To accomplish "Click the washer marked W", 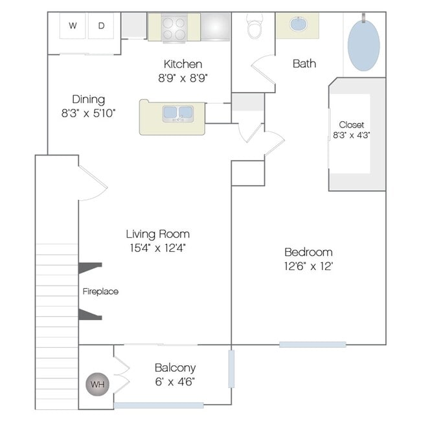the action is tap(73, 26).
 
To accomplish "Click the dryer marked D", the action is tap(101, 26).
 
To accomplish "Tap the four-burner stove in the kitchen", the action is tap(174, 28).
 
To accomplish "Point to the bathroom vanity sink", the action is tap(297, 24).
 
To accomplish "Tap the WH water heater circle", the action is tap(97, 384).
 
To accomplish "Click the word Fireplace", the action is tap(100, 291).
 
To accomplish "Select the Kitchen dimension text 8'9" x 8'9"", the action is tap(183, 78).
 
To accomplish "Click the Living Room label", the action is tap(158, 234).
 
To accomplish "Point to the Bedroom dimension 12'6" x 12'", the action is tap(308, 266).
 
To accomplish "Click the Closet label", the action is tap(352, 124).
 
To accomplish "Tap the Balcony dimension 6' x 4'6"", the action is tap(175, 381).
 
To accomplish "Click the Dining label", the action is tap(88, 100).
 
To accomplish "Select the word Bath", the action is tap(304, 63).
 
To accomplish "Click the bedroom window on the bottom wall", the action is tap(313, 345).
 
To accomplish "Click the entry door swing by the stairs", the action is tap(93, 183).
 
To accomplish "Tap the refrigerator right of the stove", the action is tap(215, 27).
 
